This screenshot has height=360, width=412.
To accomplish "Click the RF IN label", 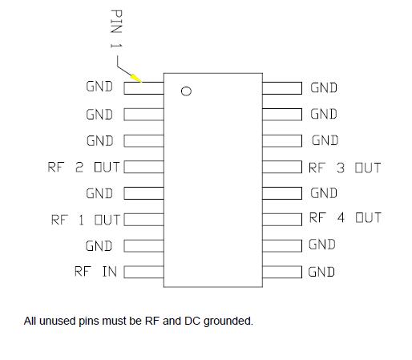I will click(x=95, y=272).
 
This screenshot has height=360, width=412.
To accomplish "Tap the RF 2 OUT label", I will click(x=84, y=168).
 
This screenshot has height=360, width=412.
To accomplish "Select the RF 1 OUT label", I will click(x=85, y=220).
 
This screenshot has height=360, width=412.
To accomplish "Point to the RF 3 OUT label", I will click(x=345, y=168).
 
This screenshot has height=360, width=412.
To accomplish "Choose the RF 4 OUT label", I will click(x=345, y=218).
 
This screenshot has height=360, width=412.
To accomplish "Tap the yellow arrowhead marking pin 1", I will click(x=137, y=78).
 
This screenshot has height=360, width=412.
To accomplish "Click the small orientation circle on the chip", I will click(x=186, y=91).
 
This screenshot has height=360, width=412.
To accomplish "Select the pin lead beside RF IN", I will click(x=143, y=272).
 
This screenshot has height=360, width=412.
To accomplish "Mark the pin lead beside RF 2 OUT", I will click(x=143, y=168).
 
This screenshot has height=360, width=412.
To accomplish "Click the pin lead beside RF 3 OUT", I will click(x=282, y=168).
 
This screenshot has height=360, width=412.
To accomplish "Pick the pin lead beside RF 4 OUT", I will click(x=282, y=219).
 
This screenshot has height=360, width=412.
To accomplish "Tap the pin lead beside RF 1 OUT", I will click(x=143, y=219).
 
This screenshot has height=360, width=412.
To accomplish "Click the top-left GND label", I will click(x=99, y=87).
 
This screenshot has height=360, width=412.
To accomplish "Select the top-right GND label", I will click(x=324, y=87).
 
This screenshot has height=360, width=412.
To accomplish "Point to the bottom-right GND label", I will click(x=321, y=272).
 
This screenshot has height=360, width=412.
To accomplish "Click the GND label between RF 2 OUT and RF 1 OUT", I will click(x=99, y=193).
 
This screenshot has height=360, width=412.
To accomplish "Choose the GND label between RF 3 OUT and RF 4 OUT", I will click(x=324, y=193).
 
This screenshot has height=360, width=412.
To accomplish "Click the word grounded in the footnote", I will click(x=228, y=322).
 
